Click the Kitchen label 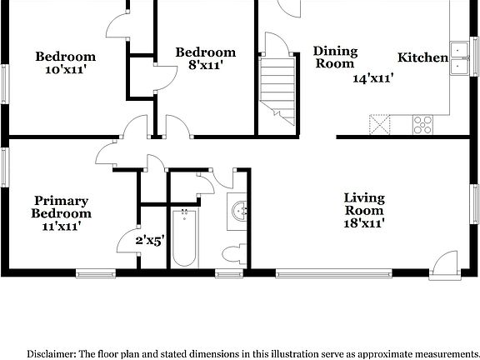(x=422, y=57)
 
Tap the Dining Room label (x=335, y=57)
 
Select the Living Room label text (x=365, y=204)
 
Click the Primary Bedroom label (x=62, y=207)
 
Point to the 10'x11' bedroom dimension (x=65, y=71)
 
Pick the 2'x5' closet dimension (x=150, y=241)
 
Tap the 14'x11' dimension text (x=372, y=78)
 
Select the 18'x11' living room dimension (x=365, y=223)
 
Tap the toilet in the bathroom (x=232, y=253)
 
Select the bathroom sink (x=240, y=212)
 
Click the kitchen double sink (x=459, y=57)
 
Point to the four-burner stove (x=423, y=125)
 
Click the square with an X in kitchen (x=381, y=125)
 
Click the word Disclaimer (x=54, y=352)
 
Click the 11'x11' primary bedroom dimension (x=62, y=225)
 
